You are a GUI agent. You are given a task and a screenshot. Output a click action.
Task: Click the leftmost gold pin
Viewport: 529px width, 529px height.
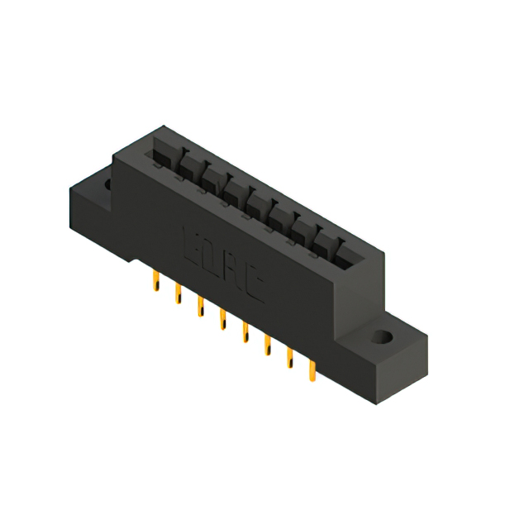point(153,284)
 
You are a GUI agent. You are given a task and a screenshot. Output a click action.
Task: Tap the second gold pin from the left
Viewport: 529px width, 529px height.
point(177,294)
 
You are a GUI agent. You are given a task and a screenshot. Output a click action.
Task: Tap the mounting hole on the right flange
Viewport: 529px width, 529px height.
point(382,337)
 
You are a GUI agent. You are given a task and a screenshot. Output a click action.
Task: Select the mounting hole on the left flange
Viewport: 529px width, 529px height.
point(107,184)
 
